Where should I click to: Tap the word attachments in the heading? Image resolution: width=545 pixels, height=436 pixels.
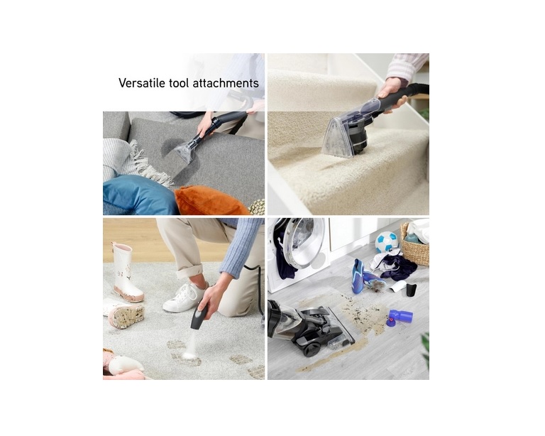227,84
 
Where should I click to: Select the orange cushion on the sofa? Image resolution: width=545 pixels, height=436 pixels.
211,200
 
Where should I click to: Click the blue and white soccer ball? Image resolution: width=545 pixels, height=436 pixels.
386,242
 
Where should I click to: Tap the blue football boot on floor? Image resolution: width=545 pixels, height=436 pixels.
358,276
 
